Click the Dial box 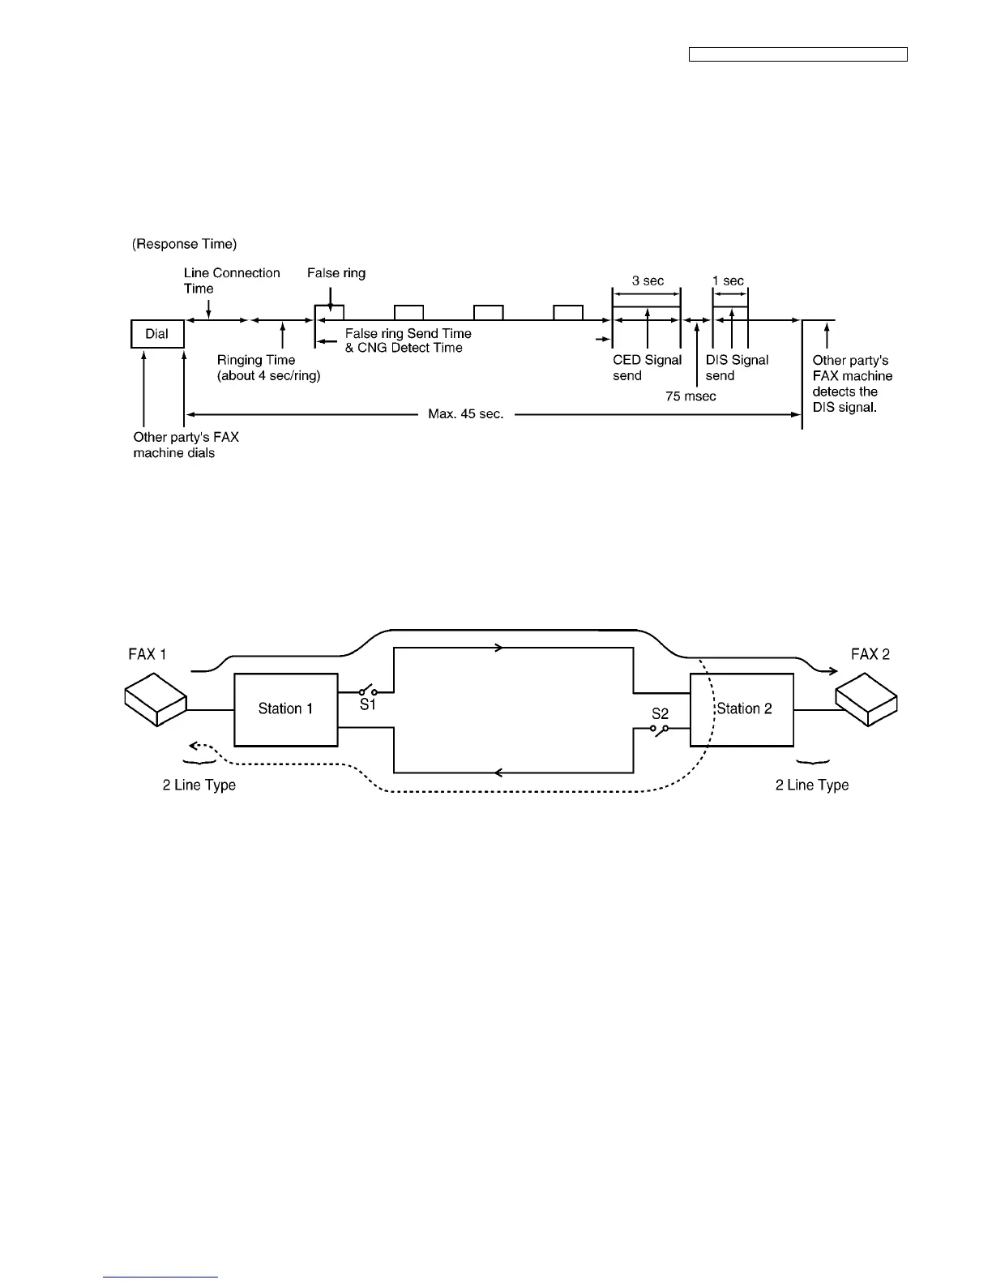pos(157,334)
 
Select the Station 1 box pos(285,709)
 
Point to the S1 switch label pos(368,705)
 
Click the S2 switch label pos(661,714)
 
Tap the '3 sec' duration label pos(648,280)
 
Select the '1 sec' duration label pos(728,280)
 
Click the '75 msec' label pos(691,396)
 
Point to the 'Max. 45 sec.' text pos(466,414)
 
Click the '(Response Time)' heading pos(185,244)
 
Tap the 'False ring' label pos(336,273)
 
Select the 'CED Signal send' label pos(647,368)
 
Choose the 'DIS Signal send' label pos(737,368)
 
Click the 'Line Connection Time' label pos(232,280)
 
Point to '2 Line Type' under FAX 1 pos(199,785)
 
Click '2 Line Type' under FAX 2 pos(812,785)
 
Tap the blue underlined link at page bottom pos(161,1277)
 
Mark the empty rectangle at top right pos(797,54)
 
